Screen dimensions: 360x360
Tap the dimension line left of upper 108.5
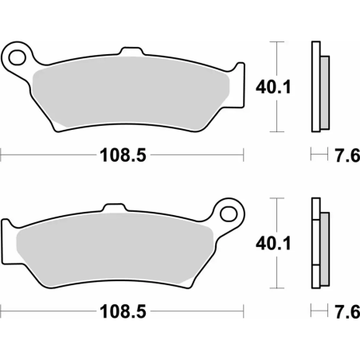pos(48,155)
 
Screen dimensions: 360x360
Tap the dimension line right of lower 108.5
pos(199,311)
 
